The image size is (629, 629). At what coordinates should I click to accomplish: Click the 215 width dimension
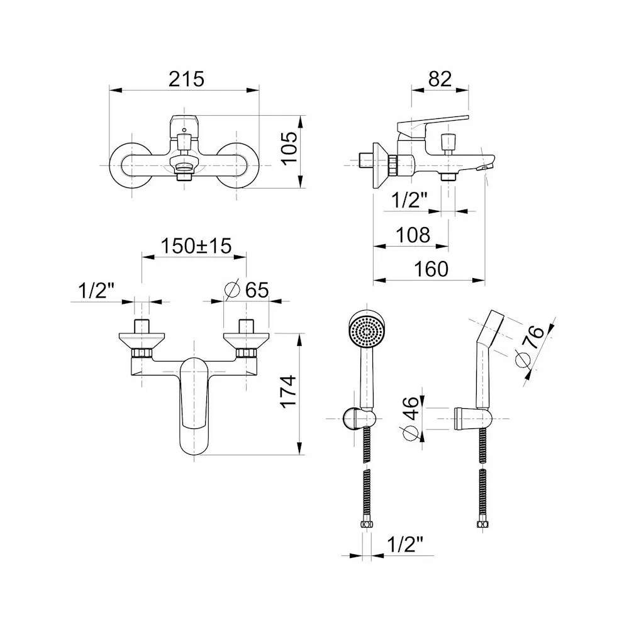pos(186,79)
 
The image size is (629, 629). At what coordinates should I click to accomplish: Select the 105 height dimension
pos(289,148)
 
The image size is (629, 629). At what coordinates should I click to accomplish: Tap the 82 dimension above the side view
pos(440,79)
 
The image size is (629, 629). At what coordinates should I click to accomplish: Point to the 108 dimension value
pos(413,235)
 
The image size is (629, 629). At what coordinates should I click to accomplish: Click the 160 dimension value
pos(431,269)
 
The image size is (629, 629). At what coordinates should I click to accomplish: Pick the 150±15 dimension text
pos(196,246)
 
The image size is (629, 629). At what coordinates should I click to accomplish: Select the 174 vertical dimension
pos(289,392)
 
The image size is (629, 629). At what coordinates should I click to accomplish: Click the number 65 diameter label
pos(257,289)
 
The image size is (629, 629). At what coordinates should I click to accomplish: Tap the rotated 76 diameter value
pos(534,337)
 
